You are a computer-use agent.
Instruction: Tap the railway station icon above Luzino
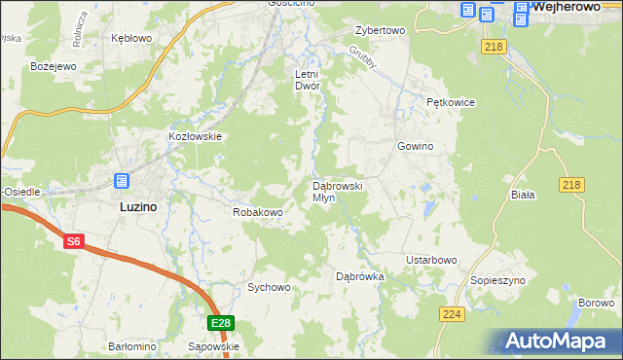122,181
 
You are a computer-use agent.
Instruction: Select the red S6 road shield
74,242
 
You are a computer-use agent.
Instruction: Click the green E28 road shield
221,323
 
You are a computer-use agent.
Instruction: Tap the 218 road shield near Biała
571,184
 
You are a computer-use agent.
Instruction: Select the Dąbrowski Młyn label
338,191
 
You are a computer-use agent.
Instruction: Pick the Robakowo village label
257,211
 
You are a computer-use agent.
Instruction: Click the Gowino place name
415,146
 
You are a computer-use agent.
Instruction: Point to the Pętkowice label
449,101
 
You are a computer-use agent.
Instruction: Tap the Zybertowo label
380,30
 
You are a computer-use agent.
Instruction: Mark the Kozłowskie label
197,137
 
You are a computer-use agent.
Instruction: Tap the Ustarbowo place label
431,260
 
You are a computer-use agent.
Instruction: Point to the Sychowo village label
269,287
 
